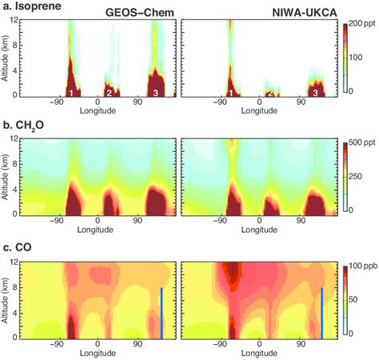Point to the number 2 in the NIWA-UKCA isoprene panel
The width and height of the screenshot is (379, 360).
270,94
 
